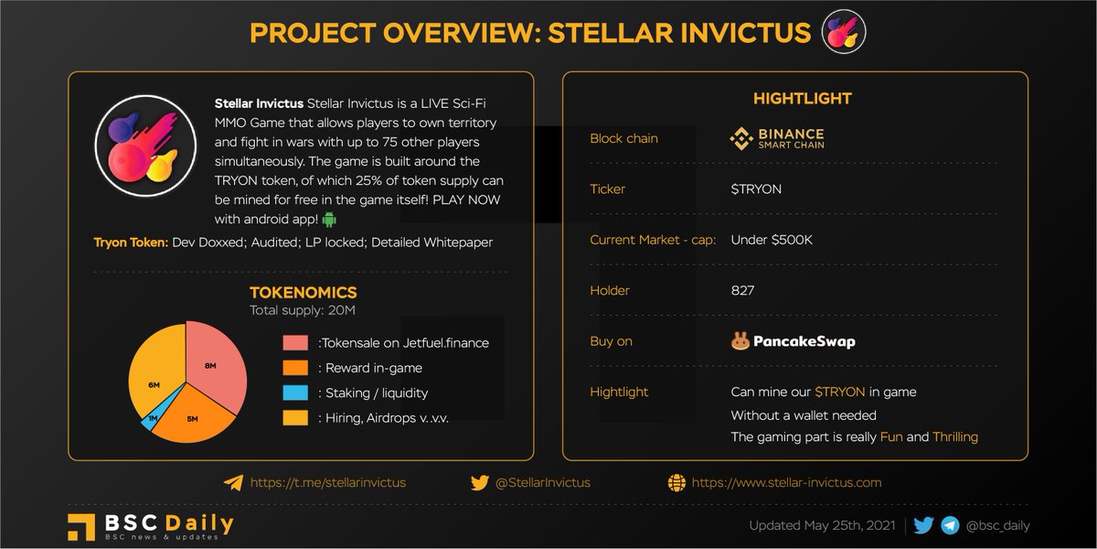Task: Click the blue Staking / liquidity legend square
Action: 294,393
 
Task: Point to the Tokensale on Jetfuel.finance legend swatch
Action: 294,343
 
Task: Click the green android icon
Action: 330,220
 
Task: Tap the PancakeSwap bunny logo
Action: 740,341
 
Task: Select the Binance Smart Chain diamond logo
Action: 740,139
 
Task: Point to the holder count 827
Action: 742,290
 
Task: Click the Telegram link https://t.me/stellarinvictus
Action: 327,482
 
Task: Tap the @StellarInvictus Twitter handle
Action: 542,482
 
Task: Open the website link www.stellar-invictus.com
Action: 786,482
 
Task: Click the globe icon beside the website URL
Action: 676,482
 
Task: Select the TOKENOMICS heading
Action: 304,293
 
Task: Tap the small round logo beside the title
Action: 844,32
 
